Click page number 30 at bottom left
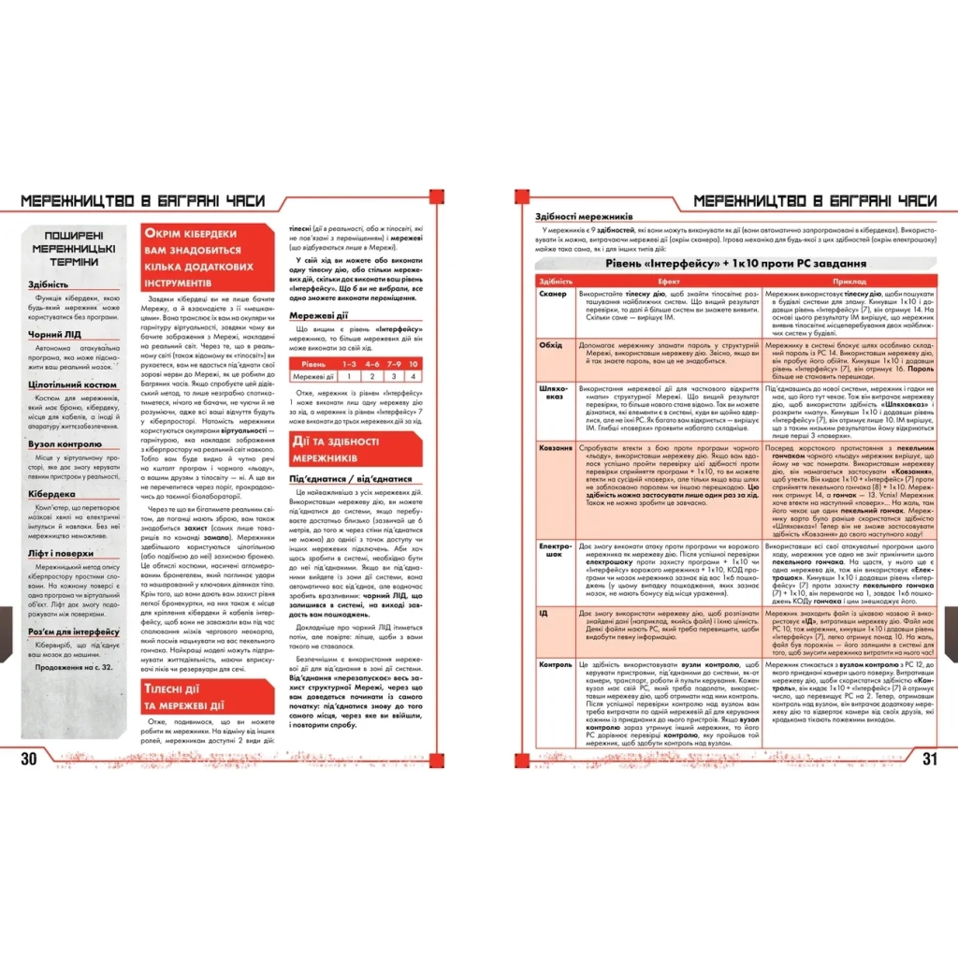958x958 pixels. coord(29,758)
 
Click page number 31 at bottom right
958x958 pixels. coord(928,758)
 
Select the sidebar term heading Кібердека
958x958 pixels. coord(52,492)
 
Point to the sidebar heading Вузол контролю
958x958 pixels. coord(65,443)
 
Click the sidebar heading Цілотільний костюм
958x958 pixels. coord(72,384)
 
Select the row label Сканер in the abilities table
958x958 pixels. coord(553,294)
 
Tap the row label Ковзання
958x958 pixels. coord(556,448)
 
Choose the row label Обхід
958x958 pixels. coord(551,344)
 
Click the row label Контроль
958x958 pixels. coord(556,665)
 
